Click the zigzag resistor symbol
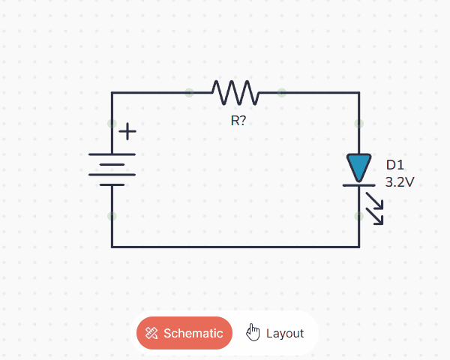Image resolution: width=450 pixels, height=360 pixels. [235, 93]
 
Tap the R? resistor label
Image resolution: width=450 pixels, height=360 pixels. [238, 120]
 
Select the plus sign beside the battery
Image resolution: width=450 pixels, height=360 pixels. [128, 131]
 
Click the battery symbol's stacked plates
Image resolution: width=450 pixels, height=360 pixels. [112, 169]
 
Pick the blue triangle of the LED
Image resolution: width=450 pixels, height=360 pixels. [358, 166]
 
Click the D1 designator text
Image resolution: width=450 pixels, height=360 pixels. [395, 165]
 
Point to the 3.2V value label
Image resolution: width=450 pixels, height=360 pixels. [400, 182]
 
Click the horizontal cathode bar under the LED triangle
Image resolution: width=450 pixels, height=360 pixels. [358, 184]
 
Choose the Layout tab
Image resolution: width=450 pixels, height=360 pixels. [284, 333]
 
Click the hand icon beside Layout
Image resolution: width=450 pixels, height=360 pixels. [253, 332]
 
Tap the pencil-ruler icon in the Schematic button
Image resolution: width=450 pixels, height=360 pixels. [151, 333]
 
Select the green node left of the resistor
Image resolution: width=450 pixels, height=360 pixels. [189, 93]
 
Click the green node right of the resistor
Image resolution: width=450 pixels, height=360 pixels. [281, 93]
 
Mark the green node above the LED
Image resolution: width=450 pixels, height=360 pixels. [358, 123]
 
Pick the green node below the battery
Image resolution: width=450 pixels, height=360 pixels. [112, 216]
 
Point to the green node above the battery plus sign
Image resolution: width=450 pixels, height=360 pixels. [112, 123]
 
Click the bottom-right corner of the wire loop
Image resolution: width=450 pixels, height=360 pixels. [358, 246]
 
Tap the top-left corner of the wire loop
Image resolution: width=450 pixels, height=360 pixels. [112, 93]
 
